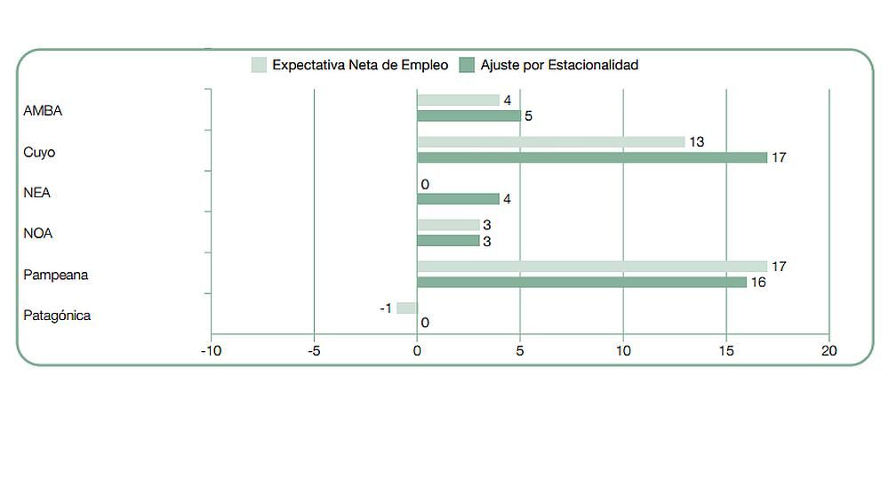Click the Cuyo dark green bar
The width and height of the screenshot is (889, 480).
[591, 157]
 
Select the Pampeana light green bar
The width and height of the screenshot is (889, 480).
[591, 267]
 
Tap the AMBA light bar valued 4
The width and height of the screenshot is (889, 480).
[458, 100]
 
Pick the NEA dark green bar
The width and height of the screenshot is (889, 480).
[458, 199]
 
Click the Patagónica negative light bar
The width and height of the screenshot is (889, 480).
[406, 308]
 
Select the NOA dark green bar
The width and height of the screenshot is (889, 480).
[448, 241]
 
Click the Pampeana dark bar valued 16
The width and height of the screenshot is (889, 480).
[581, 282]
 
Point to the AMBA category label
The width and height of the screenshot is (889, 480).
[43, 111]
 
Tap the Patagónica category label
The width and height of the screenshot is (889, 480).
[57, 316]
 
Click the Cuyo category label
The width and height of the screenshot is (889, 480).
[39, 152]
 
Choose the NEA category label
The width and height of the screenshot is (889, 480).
[37, 193]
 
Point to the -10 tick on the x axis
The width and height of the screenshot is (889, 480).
[211, 351]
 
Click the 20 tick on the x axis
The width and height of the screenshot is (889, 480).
[829, 351]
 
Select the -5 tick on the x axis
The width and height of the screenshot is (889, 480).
[314, 351]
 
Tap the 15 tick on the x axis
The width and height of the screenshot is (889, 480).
[725, 351]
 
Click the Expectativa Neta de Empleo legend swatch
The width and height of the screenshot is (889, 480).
[260, 65]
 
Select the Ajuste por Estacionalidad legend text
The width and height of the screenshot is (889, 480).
[559, 65]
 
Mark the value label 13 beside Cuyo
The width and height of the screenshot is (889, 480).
[696, 142]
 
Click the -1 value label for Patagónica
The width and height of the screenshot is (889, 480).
[386, 308]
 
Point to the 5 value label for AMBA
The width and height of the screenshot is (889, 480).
[528, 116]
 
